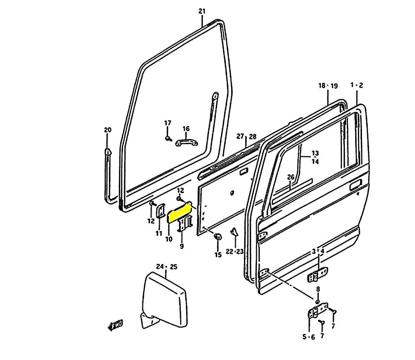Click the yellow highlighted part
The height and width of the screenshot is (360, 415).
point(180,212)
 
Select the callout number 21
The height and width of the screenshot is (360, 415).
point(202,11)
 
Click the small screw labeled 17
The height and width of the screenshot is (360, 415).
point(168,138)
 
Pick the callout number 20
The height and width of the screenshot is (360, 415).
point(108,130)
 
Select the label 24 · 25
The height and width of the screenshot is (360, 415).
point(167,267)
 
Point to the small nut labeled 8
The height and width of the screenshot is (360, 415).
point(318,301)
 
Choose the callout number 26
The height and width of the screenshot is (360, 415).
point(290,177)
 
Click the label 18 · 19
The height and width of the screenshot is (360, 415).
point(328,85)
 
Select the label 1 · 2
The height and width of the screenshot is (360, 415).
point(357,85)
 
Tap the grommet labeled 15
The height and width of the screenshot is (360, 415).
point(218,237)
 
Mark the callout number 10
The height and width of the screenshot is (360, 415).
point(169,239)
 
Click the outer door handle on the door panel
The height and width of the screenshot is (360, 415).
point(356,185)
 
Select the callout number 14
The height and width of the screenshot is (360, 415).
point(315,161)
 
